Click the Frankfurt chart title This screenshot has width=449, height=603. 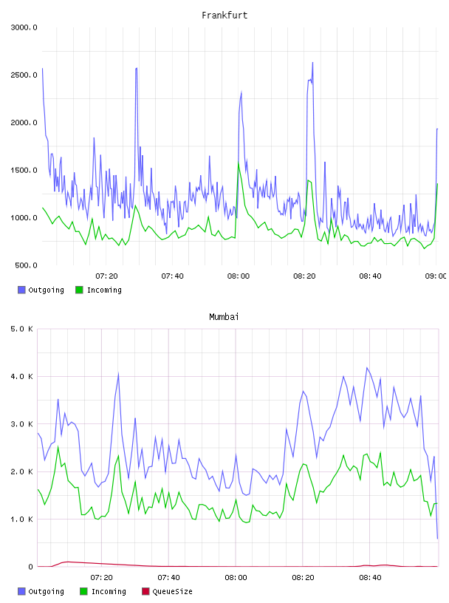pos(224,16)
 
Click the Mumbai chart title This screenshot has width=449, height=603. pos(224,317)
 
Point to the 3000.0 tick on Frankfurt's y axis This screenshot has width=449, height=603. pos(24,27)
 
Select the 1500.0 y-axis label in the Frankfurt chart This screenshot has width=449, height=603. pos(24,171)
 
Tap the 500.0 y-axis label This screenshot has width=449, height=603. pos(26,265)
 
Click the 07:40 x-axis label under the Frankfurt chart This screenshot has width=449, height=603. pos(172,276)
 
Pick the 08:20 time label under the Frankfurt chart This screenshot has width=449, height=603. pos(304,276)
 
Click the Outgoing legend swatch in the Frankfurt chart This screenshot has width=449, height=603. pos(21,290)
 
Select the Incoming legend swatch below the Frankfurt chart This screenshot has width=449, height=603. pos(79,290)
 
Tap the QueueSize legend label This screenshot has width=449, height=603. pos(172,591)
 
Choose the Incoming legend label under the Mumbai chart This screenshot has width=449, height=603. pos(109,591)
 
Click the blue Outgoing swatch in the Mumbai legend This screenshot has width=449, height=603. pos(21,591)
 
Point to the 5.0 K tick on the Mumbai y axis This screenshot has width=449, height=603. pos(22,329)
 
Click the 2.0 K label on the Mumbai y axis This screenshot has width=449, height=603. pos(22,472)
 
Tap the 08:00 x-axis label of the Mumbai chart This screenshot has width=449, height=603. pos(236,578)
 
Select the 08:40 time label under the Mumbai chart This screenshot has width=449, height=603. pos(370,578)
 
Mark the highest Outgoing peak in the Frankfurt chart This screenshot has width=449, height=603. pos(312,62)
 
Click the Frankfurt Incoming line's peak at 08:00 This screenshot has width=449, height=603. pos(239,163)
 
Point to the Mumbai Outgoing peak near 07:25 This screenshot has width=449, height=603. pos(118,373)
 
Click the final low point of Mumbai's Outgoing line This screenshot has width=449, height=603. pos(437,539)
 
